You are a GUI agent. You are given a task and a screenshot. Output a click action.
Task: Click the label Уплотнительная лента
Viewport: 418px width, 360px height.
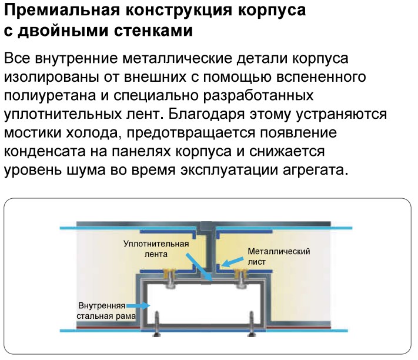(156, 249)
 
